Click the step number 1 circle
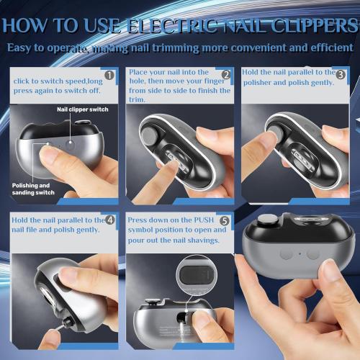coord(109,75)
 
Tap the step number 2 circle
coord(225,75)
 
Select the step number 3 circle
coord(341,75)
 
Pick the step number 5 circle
coord(225,220)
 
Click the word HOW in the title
coord(30,27)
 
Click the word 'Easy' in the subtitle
coord(25,48)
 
